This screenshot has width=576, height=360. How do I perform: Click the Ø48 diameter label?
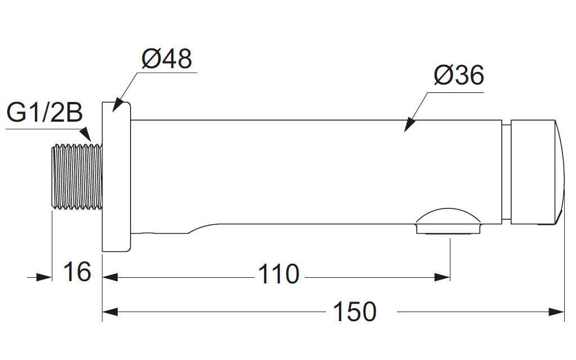pos(167,59)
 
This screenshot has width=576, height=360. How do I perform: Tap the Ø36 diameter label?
pos(459,75)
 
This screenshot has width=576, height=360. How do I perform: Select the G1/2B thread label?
pos(44,113)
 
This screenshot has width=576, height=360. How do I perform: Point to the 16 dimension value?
pos(77,272)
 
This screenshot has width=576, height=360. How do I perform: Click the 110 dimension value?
pos(278,275)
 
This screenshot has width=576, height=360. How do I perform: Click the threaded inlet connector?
pos(77,176)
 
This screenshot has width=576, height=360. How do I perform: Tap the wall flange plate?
pos(116,176)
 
